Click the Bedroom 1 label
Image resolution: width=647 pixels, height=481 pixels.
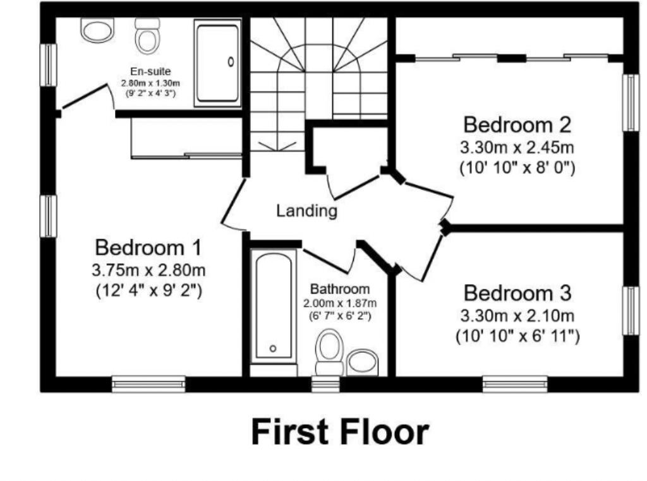point(148,247)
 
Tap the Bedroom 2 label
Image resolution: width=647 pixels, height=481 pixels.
point(517,124)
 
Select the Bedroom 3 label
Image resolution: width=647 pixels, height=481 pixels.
point(517,294)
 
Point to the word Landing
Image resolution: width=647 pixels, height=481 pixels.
point(306,211)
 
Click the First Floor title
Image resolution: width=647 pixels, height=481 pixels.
point(340,433)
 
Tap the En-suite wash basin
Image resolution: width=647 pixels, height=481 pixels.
point(96,29)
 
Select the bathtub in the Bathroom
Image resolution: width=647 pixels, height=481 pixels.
point(273,306)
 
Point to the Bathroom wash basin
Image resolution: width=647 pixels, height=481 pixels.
point(363,361)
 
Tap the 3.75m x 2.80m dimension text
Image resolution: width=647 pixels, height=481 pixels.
point(148,271)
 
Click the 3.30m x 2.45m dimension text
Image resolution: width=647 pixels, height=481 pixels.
point(517,148)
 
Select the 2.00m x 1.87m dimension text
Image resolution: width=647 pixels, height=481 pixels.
point(339,303)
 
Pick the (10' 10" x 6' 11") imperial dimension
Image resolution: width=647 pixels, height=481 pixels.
point(517,336)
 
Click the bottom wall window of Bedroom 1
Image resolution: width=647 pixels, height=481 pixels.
point(148,383)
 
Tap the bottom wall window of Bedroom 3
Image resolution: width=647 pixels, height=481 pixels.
point(515,383)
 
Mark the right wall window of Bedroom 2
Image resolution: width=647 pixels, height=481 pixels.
point(630,103)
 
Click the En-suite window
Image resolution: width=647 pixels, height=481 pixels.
point(47,64)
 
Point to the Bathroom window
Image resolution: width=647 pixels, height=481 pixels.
point(325,383)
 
